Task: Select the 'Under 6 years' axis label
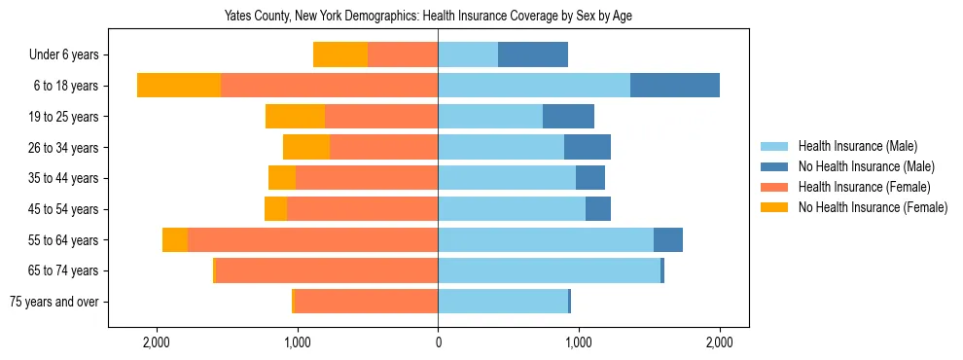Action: (69, 55)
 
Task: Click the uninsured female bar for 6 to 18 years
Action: (179, 86)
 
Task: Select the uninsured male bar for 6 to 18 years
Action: (675, 86)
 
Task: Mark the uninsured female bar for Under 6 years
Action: (340, 55)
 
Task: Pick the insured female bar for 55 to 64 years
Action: (312, 240)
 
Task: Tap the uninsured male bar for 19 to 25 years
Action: (568, 117)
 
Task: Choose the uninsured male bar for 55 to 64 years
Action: (668, 240)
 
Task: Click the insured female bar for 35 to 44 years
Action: (367, 178)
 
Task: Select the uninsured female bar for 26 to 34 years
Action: (306, 148)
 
